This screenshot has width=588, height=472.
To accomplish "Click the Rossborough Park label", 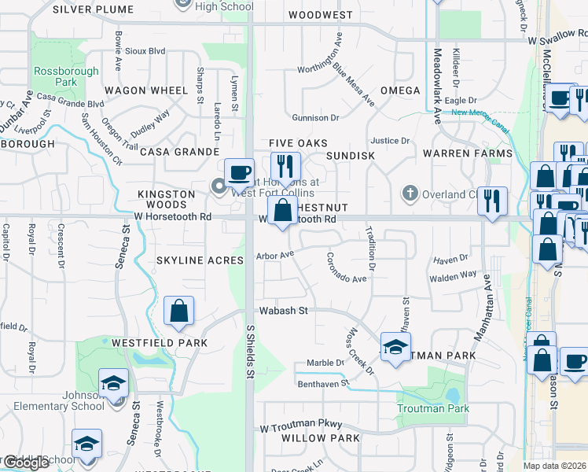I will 66,76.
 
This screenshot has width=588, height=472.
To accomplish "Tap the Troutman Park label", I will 433,408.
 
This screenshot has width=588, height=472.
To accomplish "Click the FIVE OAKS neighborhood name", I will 297,142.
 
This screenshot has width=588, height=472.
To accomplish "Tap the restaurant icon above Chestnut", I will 285,165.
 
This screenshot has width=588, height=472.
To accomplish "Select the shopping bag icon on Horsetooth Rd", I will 281,210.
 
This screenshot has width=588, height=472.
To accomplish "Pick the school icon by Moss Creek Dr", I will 395,346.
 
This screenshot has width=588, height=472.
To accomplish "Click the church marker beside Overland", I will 410,193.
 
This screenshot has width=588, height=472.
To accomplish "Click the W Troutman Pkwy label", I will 298,424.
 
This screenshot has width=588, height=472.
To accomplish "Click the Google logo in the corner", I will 25,463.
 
